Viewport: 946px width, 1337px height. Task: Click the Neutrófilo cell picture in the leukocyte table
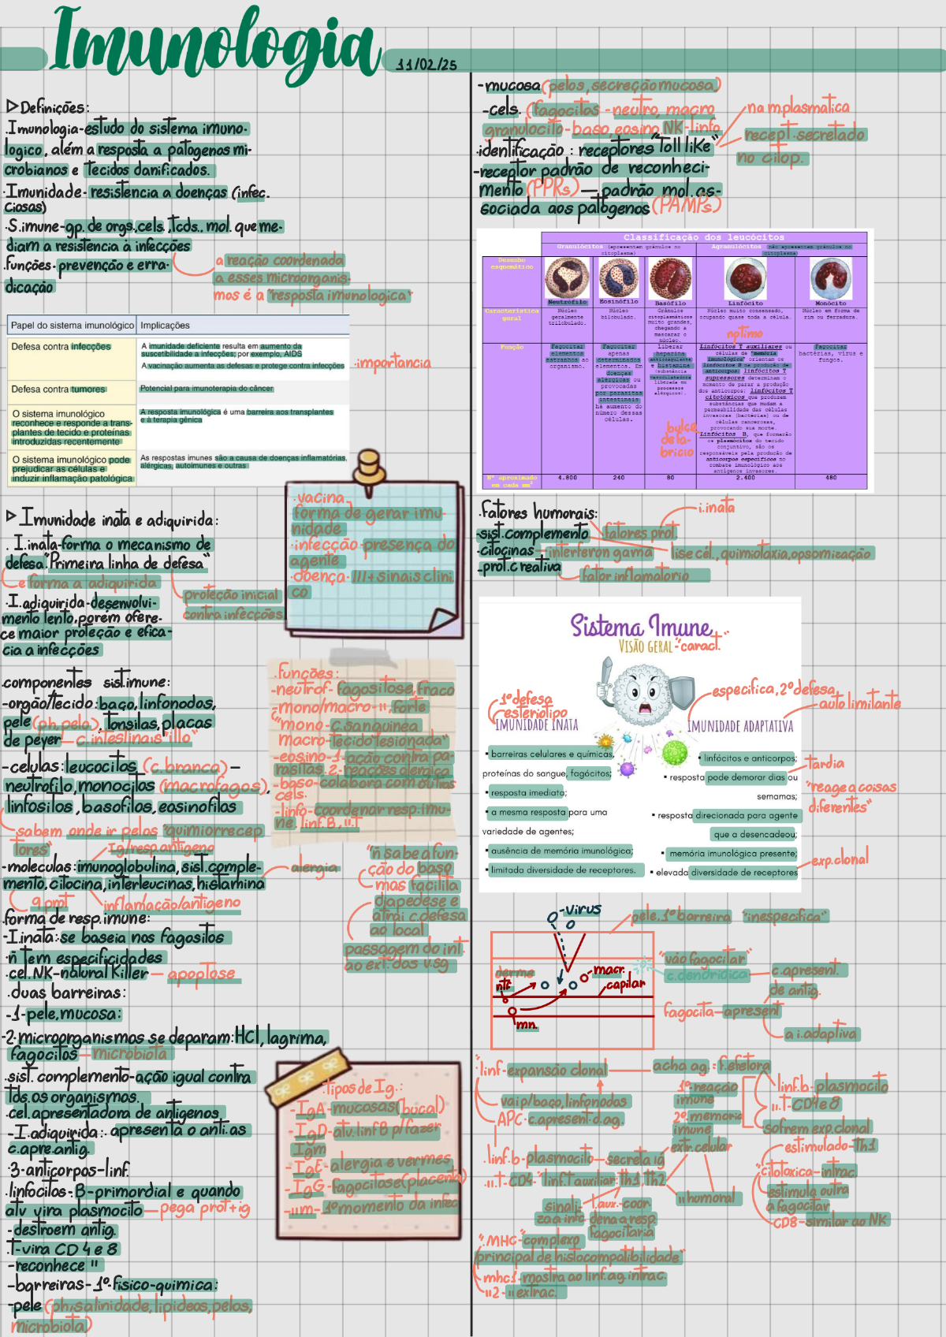[x=567, y=278]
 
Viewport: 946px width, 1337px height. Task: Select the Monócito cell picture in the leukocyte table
[x=830, y=278]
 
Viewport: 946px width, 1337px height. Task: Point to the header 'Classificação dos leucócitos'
[x=703, y=236]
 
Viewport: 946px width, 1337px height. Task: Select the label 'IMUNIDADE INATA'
[x=536, y=724]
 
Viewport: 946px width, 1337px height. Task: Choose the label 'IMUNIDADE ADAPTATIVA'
[x=739, y=726]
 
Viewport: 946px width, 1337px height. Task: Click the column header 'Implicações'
[x=165, y=325]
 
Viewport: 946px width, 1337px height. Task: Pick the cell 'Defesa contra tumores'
[x=58, y=389]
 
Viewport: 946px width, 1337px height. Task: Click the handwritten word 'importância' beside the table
[x=393, y=363]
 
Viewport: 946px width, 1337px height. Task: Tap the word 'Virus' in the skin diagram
[x=583, y=909]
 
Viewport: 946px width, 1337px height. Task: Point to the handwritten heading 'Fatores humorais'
[x=539, y=512]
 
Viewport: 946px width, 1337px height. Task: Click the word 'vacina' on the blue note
[x=319, y=497]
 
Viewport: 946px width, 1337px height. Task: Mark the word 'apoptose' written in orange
[x=201, y=974]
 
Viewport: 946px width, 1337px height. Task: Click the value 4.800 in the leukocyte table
[x=567, y=477]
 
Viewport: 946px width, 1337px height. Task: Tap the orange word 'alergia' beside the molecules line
[x=315, y=867]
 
